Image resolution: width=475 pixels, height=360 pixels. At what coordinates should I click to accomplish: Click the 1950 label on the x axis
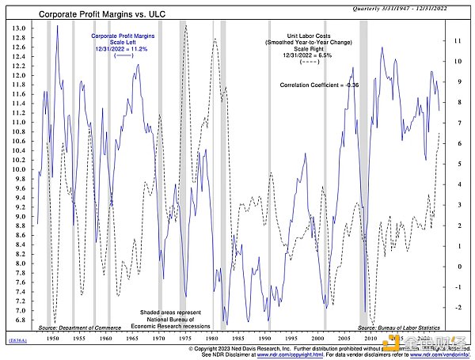coord(53,337)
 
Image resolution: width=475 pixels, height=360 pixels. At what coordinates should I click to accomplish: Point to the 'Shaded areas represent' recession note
coord(173,313)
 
